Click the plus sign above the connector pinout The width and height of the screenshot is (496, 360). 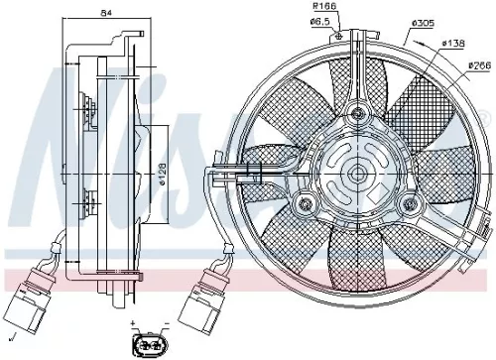(x=132, y=324)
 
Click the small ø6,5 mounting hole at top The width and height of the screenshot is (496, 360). (x=341, y=38)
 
